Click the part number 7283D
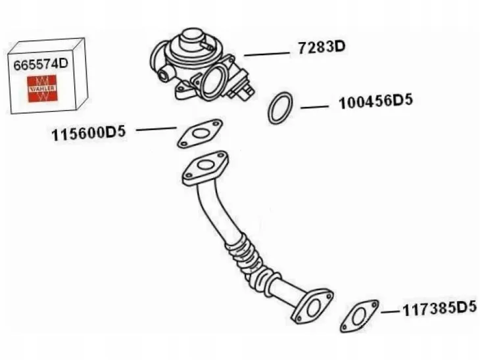coord(322,48)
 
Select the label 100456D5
coord(376,102)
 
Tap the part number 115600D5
coord(89,133)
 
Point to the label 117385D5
coord(440,309)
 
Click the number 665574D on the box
coord(41,64)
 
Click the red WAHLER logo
coord(42,89)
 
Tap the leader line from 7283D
coord(267,54)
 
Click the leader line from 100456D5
coord(314,106)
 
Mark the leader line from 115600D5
coord(156,129)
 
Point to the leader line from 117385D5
coord(391,312)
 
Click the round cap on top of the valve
coord(189,38)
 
